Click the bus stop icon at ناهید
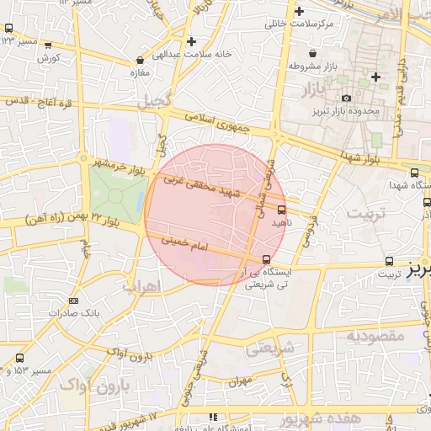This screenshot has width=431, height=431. point(281,210)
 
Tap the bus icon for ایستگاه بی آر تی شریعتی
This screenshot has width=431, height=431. point(267,258)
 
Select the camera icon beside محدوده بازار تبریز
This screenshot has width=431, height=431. point(345,98)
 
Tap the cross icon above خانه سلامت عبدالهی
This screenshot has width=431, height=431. point(192,40)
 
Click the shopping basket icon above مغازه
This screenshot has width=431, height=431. point(139,61)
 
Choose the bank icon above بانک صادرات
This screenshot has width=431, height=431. point(74,301)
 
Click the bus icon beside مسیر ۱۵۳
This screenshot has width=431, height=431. point(19,359)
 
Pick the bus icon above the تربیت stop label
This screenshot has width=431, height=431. point(388,261)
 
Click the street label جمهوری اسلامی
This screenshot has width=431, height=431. point(216,122)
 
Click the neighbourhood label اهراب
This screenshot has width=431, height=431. point(141,286)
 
